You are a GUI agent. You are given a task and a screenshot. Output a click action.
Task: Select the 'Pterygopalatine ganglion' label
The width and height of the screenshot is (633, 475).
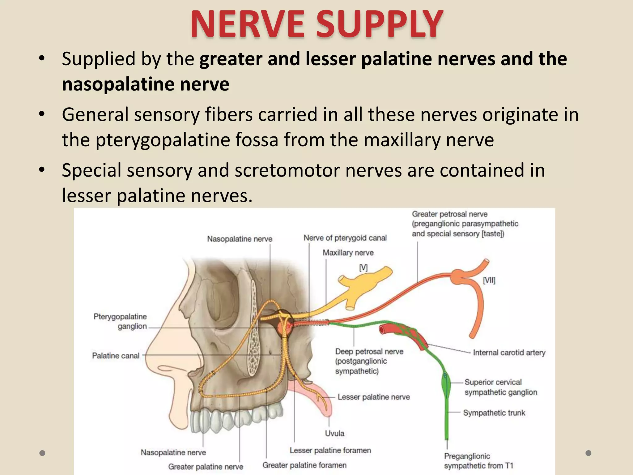click(120, 321)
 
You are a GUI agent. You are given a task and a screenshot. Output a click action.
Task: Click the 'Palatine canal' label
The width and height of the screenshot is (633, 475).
click(116, 356)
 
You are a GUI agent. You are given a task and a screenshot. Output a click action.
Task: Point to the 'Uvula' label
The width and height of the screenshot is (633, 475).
click(334, 433)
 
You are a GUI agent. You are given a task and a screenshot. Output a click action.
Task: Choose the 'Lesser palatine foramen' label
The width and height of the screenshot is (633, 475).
click(330, 450)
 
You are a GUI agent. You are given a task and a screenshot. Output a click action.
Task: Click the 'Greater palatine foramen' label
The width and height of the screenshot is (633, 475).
click(304, 465)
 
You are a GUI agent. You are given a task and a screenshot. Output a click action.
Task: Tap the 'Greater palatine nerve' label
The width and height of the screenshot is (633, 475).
click(206, 466)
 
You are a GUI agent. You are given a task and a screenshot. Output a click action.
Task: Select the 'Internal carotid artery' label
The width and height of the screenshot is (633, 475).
click(509, 353)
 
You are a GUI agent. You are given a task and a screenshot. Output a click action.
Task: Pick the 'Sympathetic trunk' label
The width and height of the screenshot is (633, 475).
click(494, 413)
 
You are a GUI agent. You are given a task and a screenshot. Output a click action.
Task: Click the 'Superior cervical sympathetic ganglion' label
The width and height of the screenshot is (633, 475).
click(501, 387)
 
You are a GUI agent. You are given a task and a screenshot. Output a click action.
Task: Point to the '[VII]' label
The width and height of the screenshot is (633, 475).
click(489, 280)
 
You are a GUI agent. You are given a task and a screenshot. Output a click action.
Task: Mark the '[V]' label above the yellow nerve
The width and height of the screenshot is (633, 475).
click(363, 268)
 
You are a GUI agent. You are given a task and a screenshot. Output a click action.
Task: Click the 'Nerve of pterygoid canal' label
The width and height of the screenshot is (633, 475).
click(345, 238)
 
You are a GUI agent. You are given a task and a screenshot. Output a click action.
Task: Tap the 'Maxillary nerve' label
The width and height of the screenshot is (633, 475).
click(348, 253)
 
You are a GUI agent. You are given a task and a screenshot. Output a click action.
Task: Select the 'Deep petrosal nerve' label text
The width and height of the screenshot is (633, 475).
click(369, 352)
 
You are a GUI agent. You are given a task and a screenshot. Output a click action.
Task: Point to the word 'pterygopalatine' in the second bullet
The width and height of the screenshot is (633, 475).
click(163, 140)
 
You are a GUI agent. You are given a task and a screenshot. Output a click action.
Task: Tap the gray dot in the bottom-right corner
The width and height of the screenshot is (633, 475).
click(588, 453)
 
